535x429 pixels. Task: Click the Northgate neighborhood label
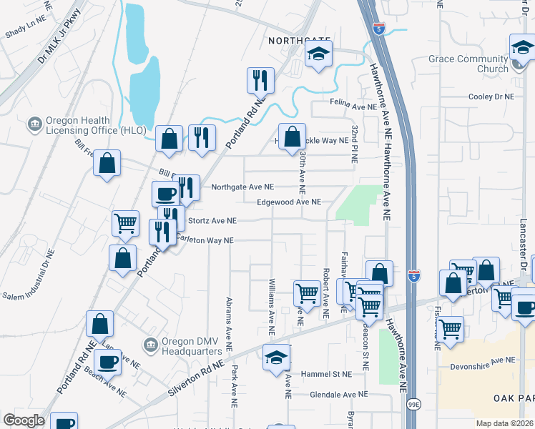pyautogui.click(x=299, y=41)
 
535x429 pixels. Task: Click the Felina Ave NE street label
pyautogui.click(x=353, y=106)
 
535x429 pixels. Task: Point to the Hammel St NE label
pyautogui.click(x=327, y=374)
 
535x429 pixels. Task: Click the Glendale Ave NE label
pyautogui.click(x=338, y=394)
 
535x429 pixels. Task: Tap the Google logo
pyautogui.click(x=24, y=420)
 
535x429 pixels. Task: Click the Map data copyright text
pyautogui.click(x=504, y=423)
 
